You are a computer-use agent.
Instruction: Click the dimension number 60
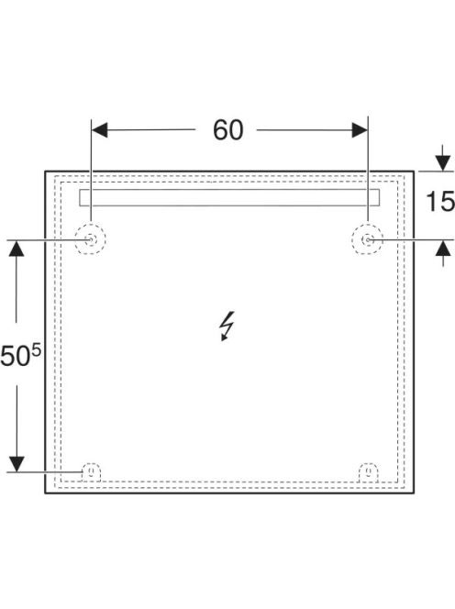228,130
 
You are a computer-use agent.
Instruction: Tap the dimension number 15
440,201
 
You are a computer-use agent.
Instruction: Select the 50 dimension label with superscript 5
20,355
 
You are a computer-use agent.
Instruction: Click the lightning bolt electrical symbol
227,326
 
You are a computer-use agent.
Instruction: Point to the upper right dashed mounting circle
367,226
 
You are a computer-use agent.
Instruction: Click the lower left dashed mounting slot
92,463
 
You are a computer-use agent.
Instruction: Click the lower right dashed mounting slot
369,463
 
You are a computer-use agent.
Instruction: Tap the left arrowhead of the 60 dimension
99,129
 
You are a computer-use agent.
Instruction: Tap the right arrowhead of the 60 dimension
360,129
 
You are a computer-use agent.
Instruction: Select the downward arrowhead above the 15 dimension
443,163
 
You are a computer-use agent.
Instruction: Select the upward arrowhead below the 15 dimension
443,248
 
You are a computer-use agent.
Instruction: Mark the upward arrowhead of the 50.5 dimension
17,249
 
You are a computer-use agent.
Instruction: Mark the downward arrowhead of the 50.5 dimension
17,464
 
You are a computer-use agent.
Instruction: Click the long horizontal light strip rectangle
229,190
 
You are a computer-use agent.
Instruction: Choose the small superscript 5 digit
36,350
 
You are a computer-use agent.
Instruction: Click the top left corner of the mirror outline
45,172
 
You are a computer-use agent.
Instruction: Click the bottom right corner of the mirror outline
414,493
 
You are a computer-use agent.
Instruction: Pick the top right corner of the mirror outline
414,172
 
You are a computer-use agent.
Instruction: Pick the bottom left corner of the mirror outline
45,493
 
